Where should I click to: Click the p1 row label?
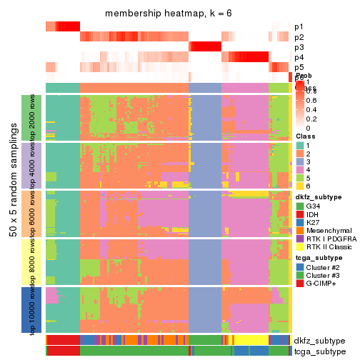pos(299,26)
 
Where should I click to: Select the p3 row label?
pos(299,47)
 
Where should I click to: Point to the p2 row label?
pos(299,37)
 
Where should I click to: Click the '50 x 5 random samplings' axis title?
pos(13,213)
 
